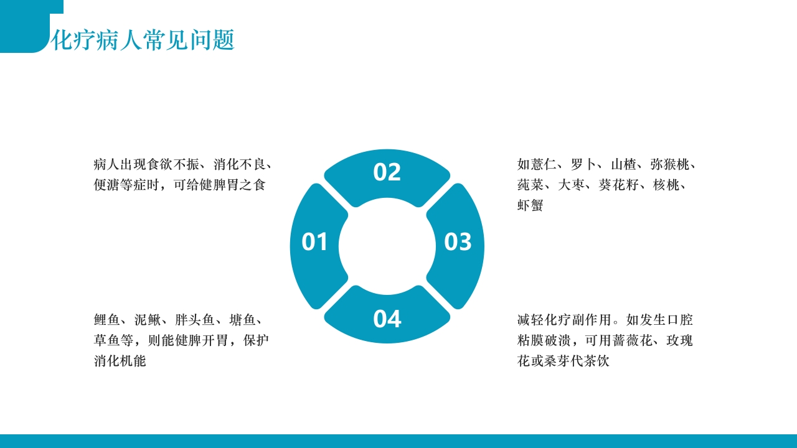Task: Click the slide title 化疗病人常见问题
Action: tap(143, 40)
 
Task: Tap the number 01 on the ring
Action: tap(314, 241)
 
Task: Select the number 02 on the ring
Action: tap(387, 172)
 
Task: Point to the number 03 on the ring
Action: tap(458, 241)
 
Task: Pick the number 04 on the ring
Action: tap(387, 319)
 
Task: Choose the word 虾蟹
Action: tap(531, 205)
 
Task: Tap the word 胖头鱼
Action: tap(194, 320)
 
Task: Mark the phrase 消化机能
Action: tap(120, 361)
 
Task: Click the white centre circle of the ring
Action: tap(387, 246)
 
